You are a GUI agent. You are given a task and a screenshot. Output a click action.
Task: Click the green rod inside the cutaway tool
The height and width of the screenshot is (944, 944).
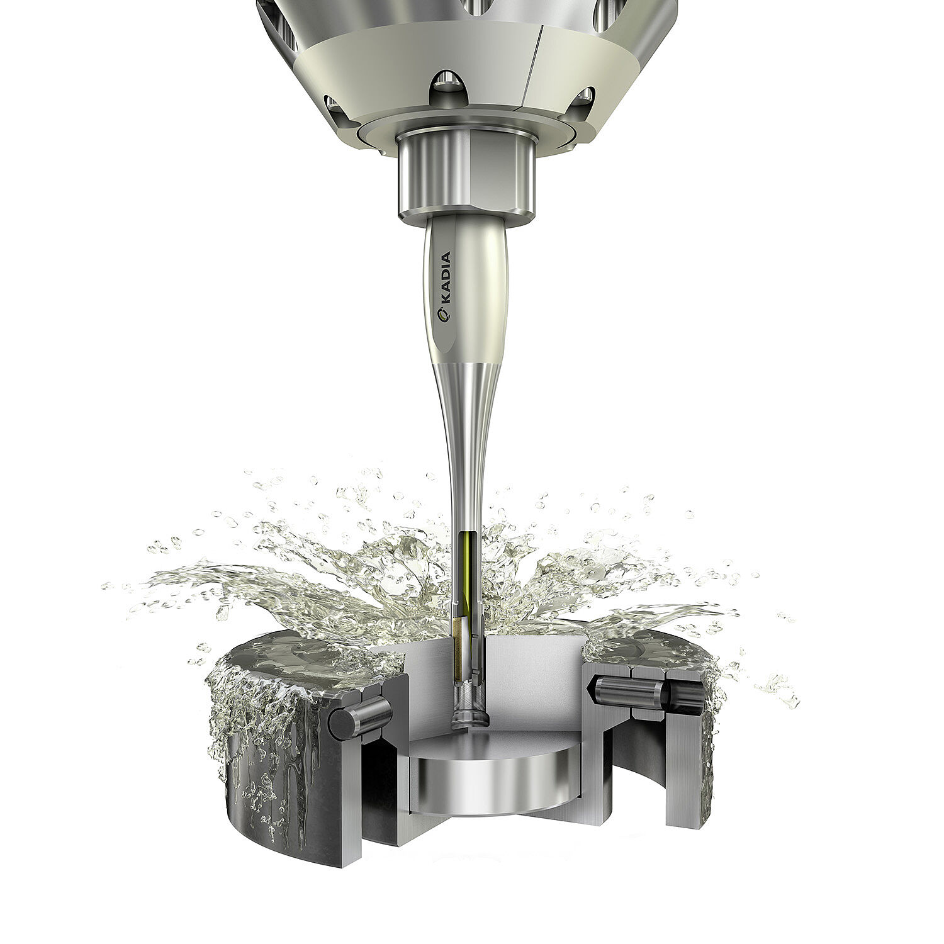(465, 570)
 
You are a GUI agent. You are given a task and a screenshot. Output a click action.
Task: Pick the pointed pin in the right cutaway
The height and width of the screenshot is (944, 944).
(623, 692)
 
